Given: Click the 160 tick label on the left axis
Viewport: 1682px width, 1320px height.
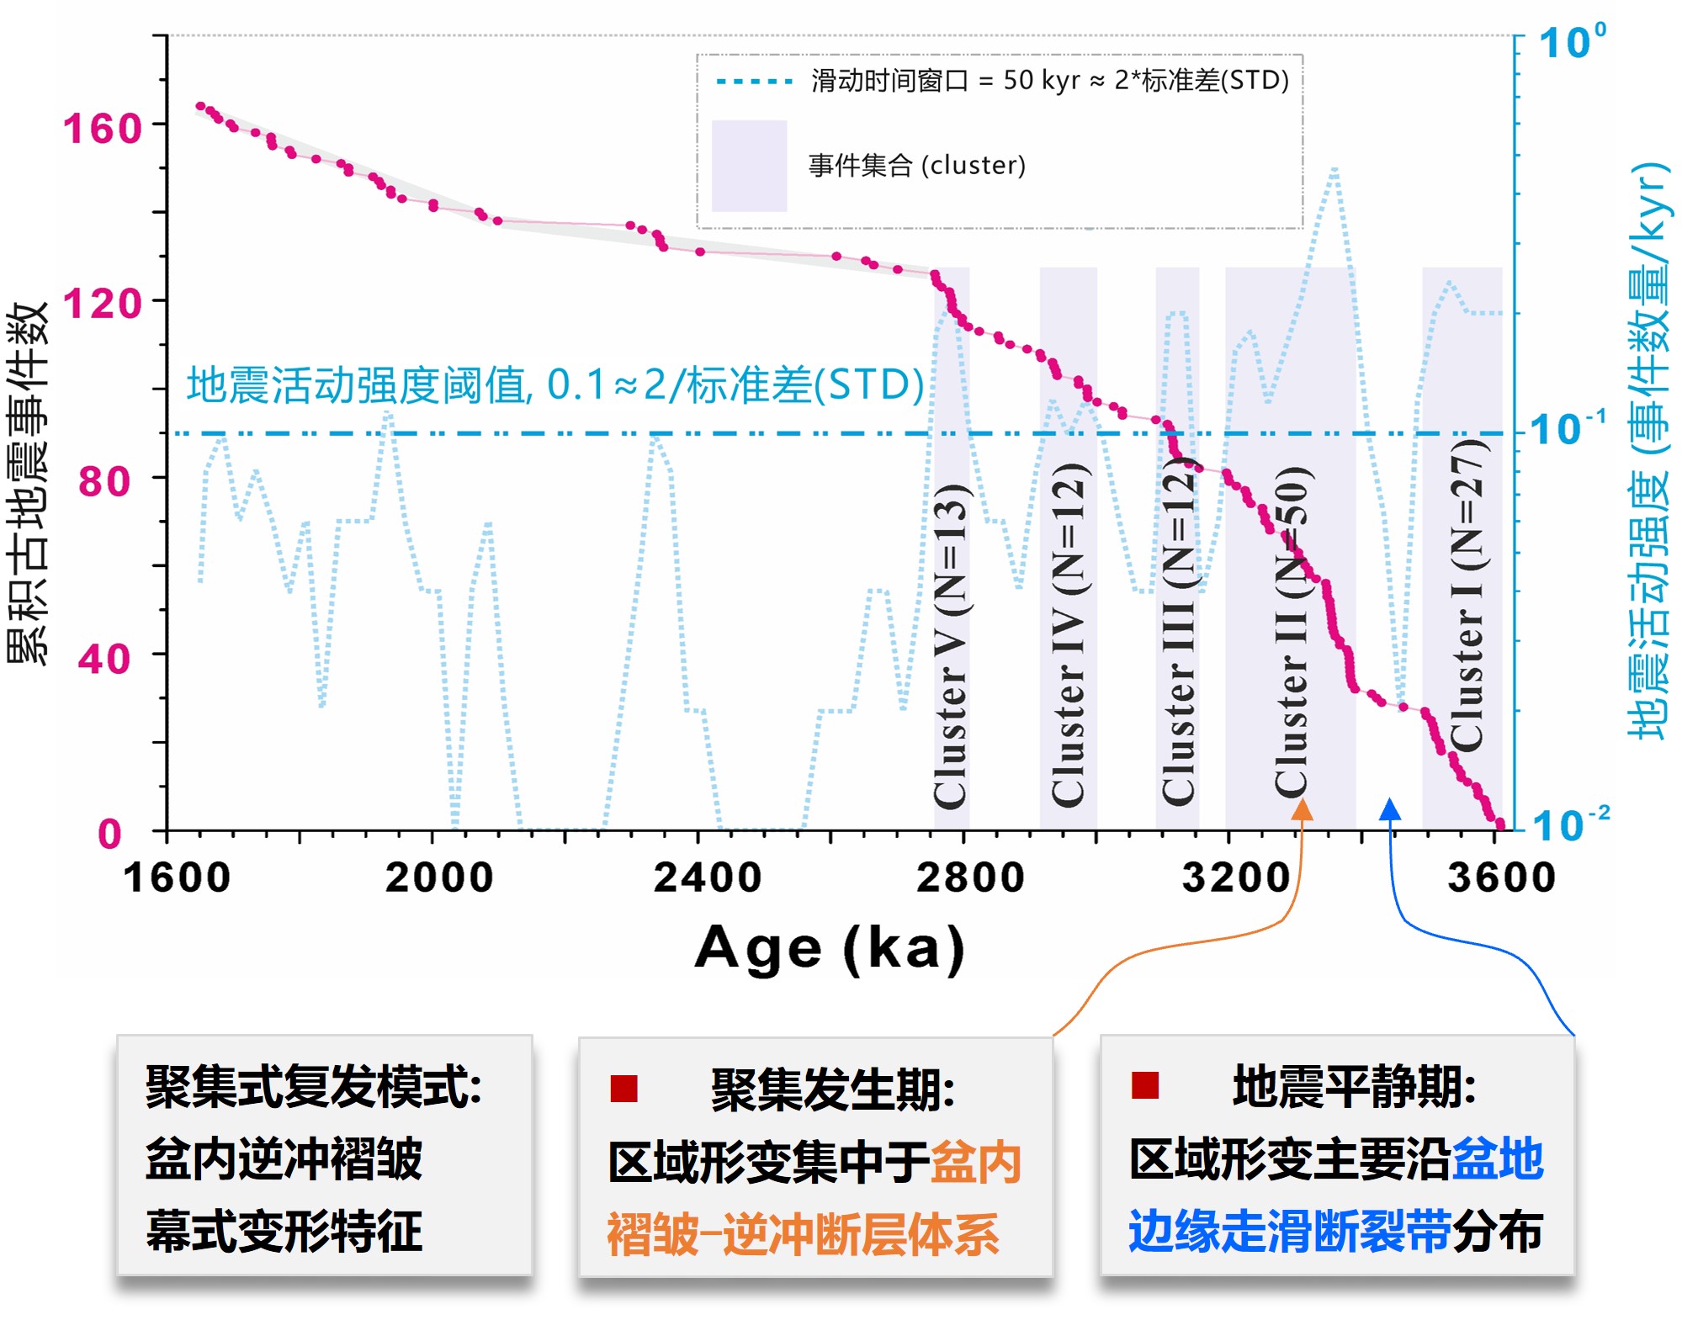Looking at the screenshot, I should point(102,129).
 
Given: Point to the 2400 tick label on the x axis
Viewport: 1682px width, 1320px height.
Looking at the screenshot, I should point(707,877).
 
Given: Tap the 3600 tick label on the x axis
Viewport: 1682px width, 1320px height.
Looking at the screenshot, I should point(1501,877).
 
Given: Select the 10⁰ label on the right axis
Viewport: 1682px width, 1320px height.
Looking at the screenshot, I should point(1571,42).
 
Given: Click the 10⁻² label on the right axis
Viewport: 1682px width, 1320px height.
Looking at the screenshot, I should point(1569,824).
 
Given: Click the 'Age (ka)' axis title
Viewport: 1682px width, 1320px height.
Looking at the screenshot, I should point(830,948).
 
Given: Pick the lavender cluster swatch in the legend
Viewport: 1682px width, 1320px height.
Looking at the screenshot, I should point(749,166).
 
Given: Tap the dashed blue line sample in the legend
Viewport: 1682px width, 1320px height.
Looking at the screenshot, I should point(754,82).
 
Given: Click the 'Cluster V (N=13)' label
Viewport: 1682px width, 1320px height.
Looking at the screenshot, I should point(952,645).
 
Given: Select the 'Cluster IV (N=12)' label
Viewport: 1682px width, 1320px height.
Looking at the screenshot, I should point(1069,635).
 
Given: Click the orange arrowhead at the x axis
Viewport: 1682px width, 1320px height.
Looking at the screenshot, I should point(1302,809).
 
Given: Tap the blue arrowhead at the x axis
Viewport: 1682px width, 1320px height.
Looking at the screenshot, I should point(1390,808).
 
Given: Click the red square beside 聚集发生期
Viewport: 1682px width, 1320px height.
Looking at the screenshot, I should point(624,1088).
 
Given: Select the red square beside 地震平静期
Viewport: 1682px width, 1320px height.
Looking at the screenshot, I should point(1145,1085).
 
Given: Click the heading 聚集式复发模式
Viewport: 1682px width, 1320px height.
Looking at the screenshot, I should point(313,1086).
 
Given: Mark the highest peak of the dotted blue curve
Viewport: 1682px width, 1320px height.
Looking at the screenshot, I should point(1335,171).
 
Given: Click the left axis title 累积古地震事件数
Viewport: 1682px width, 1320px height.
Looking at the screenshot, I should point(27,484).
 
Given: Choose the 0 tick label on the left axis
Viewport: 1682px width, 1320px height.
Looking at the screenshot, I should point(109,834).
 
